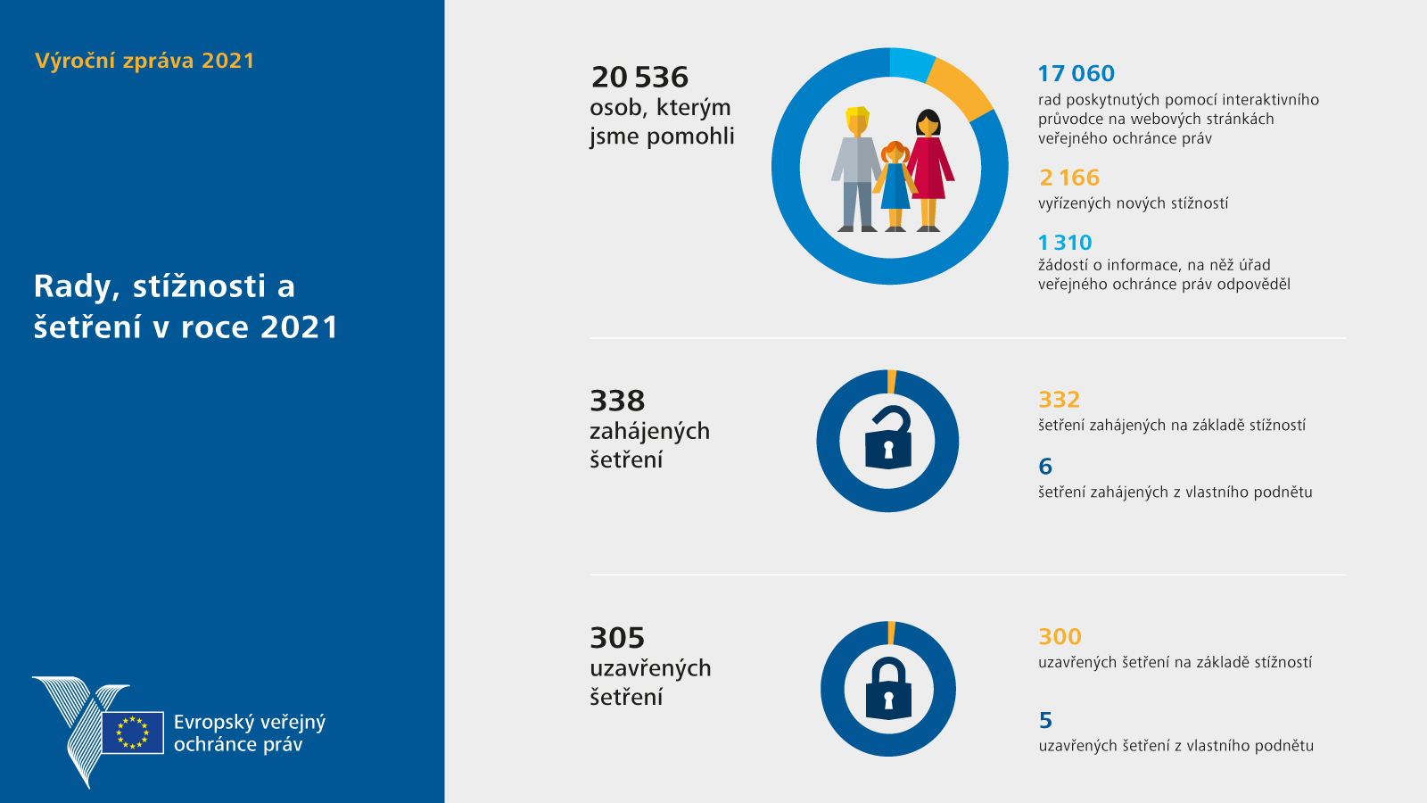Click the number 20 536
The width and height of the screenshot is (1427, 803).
click(639, 78)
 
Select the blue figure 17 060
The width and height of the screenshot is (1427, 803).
click(1076, 74)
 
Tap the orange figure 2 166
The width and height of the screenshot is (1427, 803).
click(1069, 178)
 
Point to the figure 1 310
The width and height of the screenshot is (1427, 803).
click(1065, 243)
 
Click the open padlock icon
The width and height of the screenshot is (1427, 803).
click(888, 439)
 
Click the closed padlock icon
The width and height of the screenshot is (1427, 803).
click(888, 690)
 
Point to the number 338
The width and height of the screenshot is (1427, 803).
click(617, 401)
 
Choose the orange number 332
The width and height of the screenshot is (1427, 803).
click(1059, 400)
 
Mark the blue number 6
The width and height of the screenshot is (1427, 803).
click(1045, 467)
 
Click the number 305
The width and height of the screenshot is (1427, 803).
click(617, 639)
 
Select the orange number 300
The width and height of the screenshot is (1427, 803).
click(1060, 637)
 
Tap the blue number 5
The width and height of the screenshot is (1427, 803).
click(1045, 720)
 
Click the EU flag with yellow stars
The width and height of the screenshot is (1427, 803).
click(133, 733)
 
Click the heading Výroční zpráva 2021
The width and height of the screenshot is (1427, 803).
click(144, 61)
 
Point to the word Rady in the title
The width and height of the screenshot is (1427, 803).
click(76, 286)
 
